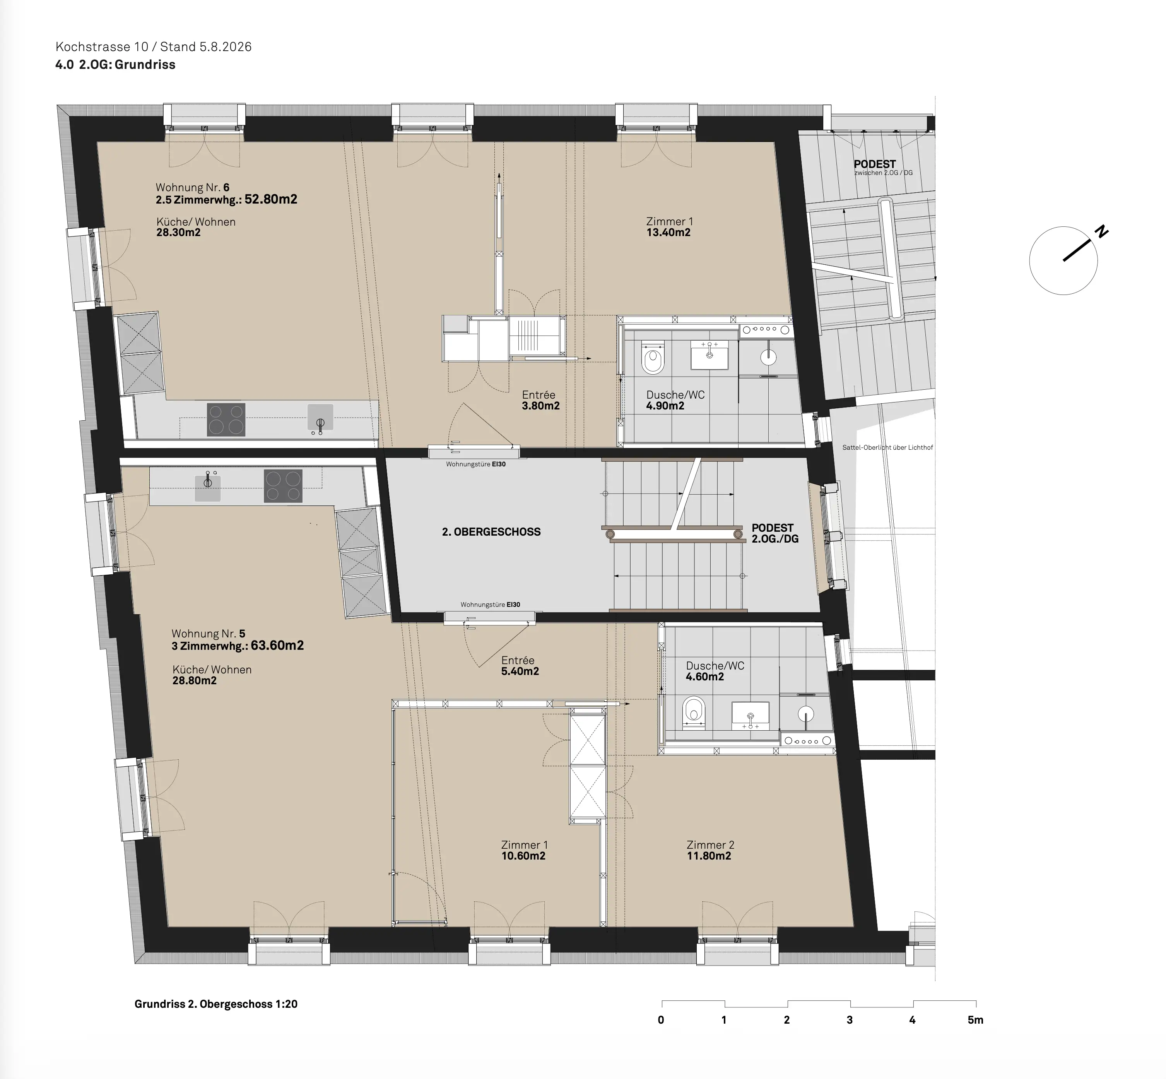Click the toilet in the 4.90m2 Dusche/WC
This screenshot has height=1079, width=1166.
tap(653, 357)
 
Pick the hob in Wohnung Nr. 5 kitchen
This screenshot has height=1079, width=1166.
tap(283, 486)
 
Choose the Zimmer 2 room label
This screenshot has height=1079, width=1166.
tap(710, 845)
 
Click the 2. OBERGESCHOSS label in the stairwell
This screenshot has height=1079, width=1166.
tap(491, 532)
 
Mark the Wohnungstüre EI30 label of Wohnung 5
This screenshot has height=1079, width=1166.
tap(490, 605)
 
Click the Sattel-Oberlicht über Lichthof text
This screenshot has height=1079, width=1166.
tap(887, 448)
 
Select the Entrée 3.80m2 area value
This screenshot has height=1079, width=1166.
tap(540, 406)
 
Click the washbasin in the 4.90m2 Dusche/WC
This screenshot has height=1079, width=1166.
tap(710, 355)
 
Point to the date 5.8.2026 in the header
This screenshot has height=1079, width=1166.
tap(225, 47)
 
